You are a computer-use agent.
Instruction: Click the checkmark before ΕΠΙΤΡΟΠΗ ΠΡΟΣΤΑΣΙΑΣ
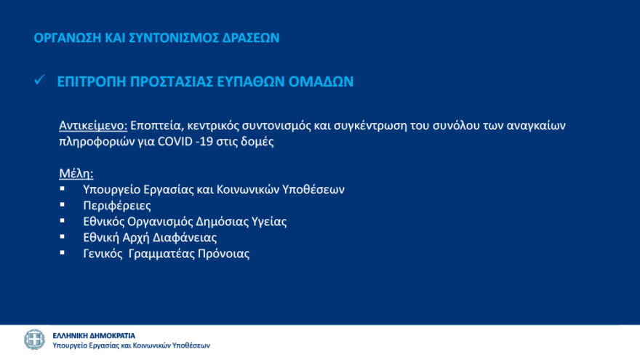point(41,81)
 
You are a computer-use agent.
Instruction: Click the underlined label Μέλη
point(75,174)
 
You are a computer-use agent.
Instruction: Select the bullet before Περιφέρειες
point(63,204)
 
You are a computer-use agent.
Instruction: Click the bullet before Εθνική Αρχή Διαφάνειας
point(63,236)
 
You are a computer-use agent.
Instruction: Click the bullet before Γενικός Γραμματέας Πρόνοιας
point(63,252)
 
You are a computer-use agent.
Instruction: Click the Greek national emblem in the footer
point(34,340)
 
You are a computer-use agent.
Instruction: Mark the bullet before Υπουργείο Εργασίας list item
point(63,188)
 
